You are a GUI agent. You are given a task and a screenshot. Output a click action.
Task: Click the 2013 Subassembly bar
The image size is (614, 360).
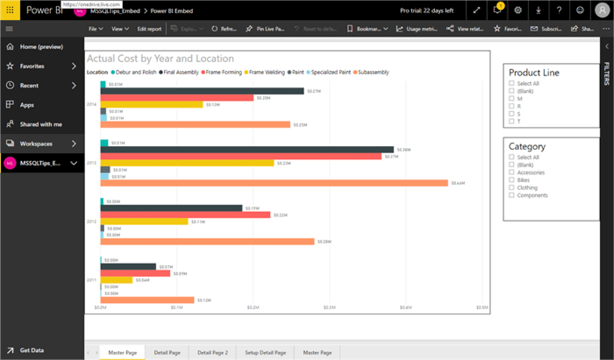coord(273,183)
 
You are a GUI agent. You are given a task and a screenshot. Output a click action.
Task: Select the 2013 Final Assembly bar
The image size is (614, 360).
coord(246,149)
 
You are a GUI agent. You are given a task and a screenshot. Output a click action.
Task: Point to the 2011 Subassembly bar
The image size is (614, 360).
coord(147,300)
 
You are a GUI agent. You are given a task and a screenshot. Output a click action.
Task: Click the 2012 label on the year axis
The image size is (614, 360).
coord(91,222)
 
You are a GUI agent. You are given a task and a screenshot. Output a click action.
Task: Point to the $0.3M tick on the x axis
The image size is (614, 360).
coord(330,308)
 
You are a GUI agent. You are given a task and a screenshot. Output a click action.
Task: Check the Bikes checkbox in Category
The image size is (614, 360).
coord(512,180)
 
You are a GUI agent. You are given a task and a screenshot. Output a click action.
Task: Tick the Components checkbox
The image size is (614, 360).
coord(512,195)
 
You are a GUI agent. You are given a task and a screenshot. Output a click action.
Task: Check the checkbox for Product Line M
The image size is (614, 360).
coord(512,99)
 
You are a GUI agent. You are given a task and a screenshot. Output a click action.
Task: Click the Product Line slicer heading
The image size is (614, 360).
coord(534,73)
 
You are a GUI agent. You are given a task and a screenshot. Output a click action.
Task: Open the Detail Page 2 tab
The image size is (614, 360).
coord(212,352)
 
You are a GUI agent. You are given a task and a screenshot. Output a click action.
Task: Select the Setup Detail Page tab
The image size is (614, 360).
coord(265,352)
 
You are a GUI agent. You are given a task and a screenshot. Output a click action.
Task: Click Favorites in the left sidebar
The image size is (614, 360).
coord(32,66)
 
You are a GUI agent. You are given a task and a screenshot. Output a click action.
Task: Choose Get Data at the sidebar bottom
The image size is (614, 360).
coord(31,350)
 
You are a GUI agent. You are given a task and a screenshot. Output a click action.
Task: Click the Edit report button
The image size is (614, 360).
coord(149,29)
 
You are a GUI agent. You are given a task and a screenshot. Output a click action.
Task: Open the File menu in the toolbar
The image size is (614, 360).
coord(96,29)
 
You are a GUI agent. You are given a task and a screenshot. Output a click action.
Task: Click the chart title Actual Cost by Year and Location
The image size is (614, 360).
coord(160,59)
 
